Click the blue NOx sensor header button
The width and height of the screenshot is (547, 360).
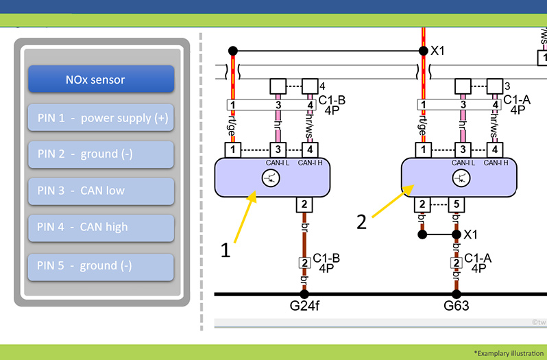click(101, 79)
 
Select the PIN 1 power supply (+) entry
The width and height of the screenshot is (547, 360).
click(101, 117)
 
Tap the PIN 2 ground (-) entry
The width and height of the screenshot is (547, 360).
click(101, 154)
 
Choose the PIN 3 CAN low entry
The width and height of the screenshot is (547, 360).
click(101, 191)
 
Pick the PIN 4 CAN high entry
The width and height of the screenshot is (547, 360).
click(101, 228)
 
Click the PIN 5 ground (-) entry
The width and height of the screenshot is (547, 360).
click(101, 267)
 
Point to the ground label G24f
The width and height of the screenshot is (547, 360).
click(304, 306)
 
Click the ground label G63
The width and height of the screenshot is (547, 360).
click(456, 306)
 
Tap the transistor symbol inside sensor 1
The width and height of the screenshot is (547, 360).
click(271, 178)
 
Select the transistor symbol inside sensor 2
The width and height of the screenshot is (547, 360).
click(461, 178)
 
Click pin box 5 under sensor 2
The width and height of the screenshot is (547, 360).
click(457, 205)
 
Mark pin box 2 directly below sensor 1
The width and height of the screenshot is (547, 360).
click(304, 205)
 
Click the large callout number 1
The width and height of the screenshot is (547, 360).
click(226, 250)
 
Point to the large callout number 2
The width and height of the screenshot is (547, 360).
click(361, 222)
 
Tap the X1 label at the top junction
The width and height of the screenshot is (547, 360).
click(437, 51)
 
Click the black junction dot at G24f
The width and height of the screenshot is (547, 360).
click(304, 294)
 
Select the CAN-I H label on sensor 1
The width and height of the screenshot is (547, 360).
click(310, 163)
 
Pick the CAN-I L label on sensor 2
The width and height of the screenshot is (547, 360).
click(463, 163)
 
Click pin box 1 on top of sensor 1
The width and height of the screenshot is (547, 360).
click(232, 150)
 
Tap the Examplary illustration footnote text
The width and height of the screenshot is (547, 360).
click(509, 353)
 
